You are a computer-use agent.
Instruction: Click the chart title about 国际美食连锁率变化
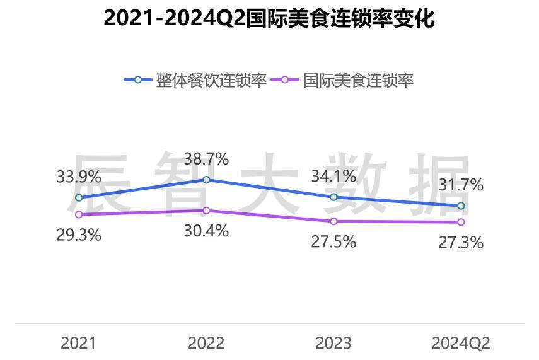(x=269, y=19)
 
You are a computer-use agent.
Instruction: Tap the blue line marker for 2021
(x=79, y=198)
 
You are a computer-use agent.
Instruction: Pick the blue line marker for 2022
(x=206, y=180)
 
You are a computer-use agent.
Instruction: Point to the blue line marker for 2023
(x=333, y=197)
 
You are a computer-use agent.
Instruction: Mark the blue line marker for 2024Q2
(x=461, y=206)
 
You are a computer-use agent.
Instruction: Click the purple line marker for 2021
(x=79, y=215)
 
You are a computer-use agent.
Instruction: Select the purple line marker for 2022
(x=206, y=211)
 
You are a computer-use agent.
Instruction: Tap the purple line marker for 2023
(x=333, y=221)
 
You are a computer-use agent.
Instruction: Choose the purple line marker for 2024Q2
(x=461, y=222)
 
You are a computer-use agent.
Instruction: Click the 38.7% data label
(x=206, y=159)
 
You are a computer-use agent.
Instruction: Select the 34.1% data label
(x=333, y=177)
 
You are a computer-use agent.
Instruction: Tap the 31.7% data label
(x=461, y=185)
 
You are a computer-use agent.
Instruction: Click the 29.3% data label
(x=79, y=235)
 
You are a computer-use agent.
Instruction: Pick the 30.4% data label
(x=206, y=231)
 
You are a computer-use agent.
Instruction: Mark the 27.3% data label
(x=461, y=242)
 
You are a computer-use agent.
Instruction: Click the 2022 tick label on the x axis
(x=206, y=343)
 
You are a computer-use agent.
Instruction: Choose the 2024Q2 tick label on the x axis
(x=461, y=343)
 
